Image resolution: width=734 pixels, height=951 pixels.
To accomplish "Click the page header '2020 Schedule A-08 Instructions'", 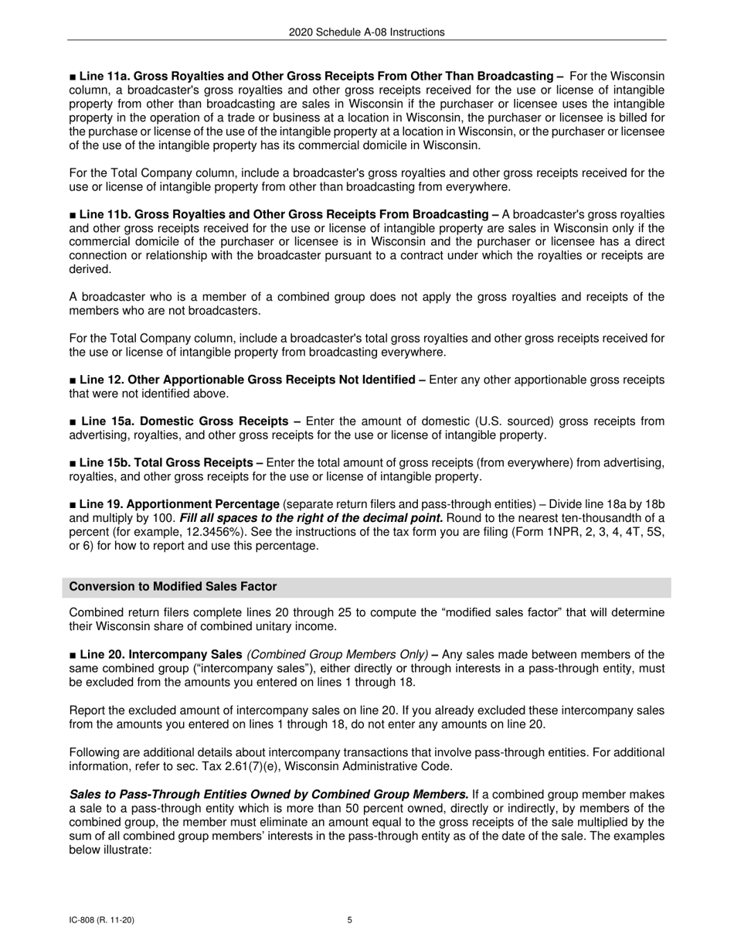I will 366,32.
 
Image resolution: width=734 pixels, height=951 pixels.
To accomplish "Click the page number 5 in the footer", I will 350,920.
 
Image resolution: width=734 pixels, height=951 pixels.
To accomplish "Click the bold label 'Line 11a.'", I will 105,76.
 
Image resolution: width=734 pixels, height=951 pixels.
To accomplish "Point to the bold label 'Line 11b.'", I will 105,214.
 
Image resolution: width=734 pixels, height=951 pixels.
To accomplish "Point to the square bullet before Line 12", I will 72,380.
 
